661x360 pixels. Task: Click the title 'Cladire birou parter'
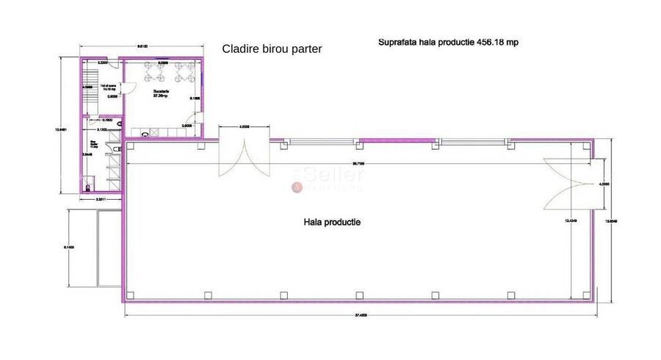(x=272, y=49)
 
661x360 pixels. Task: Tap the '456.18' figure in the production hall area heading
(x=494, y=43)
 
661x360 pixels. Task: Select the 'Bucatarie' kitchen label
(x=161, y=93)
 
